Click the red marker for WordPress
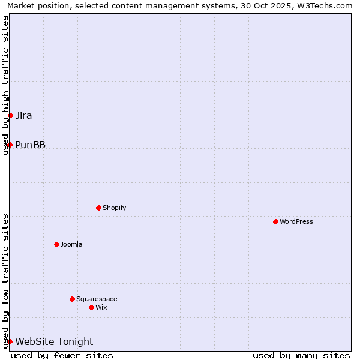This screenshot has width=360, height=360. [275, 221]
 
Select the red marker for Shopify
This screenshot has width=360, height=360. [98, 208]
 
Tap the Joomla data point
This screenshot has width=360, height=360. [56, 244]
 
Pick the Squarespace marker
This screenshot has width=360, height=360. [72, 299]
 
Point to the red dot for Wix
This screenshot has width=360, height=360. [91, 307]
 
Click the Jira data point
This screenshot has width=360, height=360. [10, 115]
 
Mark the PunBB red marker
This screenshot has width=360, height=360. [10, 145]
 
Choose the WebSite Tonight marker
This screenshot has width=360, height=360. [10, 341]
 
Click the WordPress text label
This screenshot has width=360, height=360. [296, 221]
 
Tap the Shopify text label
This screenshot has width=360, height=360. [114, 208]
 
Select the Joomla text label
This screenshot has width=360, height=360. [71, 244]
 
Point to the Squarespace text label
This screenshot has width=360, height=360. [97, 299]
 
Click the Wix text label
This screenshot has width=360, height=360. [101, 307]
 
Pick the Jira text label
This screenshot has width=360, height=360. [24, 115]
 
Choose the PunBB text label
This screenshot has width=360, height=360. [31, 145]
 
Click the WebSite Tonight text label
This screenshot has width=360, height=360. [54, 341]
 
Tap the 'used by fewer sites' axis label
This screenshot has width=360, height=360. [62, 355]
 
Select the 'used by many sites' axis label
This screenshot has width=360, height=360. [301, 355]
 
